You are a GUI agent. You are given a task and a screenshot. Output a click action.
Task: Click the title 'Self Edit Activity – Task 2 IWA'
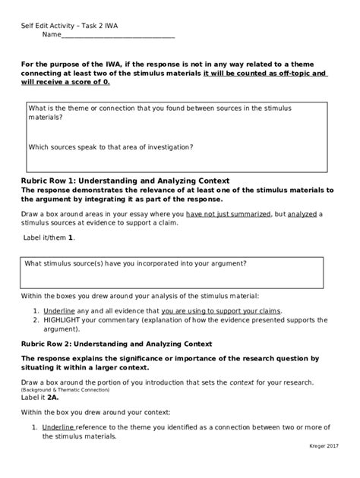tap(69, 25)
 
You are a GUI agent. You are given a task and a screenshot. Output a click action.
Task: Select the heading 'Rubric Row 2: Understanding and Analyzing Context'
tap(116, 344)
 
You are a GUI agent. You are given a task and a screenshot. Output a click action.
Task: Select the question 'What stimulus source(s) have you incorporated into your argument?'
tap(135, 264)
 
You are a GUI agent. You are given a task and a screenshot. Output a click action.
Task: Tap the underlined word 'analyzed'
tap(301, 215)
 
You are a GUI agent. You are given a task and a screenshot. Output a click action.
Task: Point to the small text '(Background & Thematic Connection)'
tap(65, 389)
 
